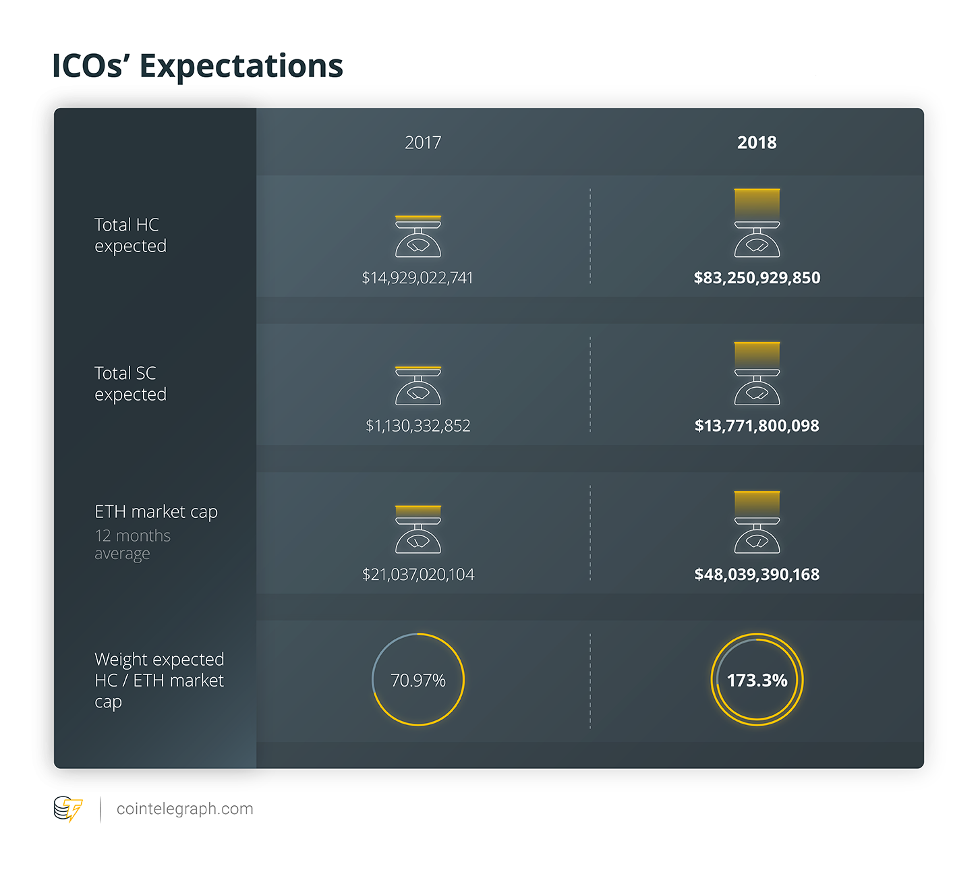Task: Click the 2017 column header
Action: [423, 142]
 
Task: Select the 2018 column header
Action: [757, 142]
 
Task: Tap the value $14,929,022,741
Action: [418, 278]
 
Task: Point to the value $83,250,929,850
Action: [757, 278]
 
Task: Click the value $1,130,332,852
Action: [418, 426]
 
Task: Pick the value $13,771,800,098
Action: [757, 426]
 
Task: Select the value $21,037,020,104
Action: [418, 575]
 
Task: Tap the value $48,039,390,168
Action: [757, 575]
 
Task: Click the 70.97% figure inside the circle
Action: [418, 680]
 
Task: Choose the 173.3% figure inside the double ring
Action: [757, 680]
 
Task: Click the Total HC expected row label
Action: [130, 235]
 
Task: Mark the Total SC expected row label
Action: [130, 383]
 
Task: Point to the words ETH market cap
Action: [156, 512]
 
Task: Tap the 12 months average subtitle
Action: [132, 544]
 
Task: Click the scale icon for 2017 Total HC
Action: [418, 237]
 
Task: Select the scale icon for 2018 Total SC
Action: [757, 375]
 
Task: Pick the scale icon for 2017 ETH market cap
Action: [418, 530]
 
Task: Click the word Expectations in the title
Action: [241, 66]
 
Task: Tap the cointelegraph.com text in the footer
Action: [185, 809]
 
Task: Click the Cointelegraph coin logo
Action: [68, 809]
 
